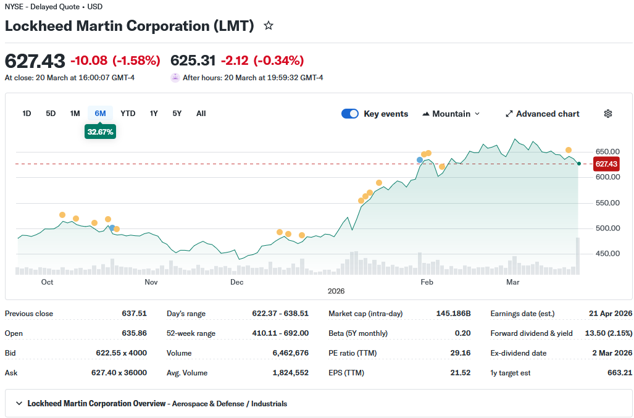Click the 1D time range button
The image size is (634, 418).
[27, 114]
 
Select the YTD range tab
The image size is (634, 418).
[128, 114]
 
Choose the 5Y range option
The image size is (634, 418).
[177, 114]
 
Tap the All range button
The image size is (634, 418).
[201, 114]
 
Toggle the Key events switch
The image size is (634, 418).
[350, 114]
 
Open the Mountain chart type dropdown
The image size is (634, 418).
[451, 114]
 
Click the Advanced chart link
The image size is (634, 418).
[543, 114]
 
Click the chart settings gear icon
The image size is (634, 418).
[608, 114]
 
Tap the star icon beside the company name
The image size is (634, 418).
[269, 26]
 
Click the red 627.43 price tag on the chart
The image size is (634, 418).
[606, 164]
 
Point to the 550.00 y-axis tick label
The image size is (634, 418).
[607, 203]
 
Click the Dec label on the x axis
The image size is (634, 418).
[236, 282]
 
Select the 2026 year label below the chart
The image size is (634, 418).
[336, 291]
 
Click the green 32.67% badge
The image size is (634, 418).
[100, 132]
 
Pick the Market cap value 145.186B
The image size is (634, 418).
[453, 314]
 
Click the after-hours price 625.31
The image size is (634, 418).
[193, 61]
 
